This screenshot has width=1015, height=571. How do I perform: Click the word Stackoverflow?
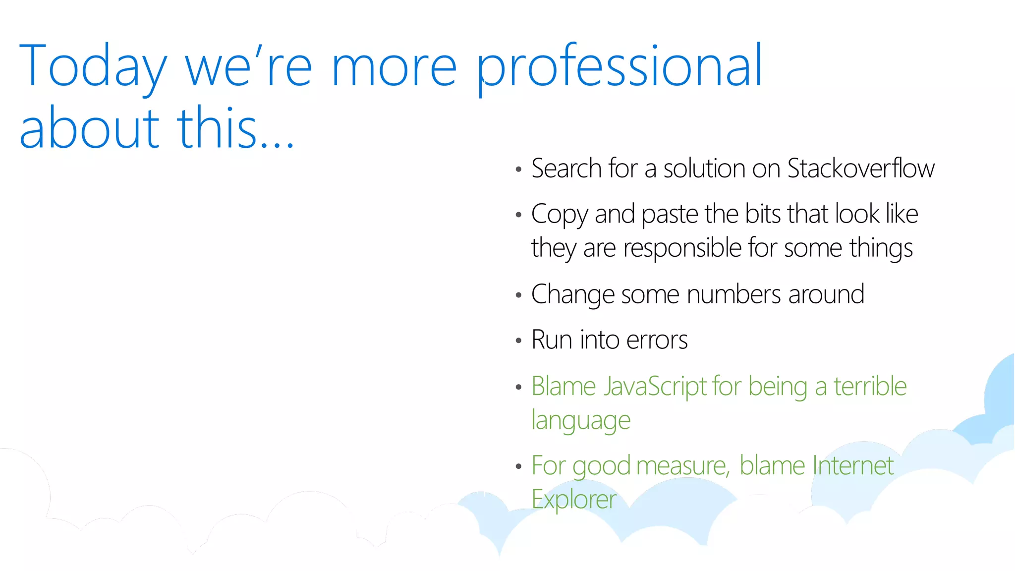click(x=861, y=169)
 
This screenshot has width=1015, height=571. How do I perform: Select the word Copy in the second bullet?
click(x=559, y=215)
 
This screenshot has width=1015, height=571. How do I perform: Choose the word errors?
click(x=657, y=340)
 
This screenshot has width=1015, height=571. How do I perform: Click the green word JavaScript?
click(x=655, y=387)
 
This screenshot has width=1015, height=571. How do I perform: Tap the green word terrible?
click(x=870, y=387)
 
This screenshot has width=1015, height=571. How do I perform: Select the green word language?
click(x=581, y=421)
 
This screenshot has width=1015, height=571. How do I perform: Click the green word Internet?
click(x=852, y=466)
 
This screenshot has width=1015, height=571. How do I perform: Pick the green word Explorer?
click(x=574, y=499)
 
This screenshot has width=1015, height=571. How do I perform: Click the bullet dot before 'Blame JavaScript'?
click(x=518, y=387)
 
